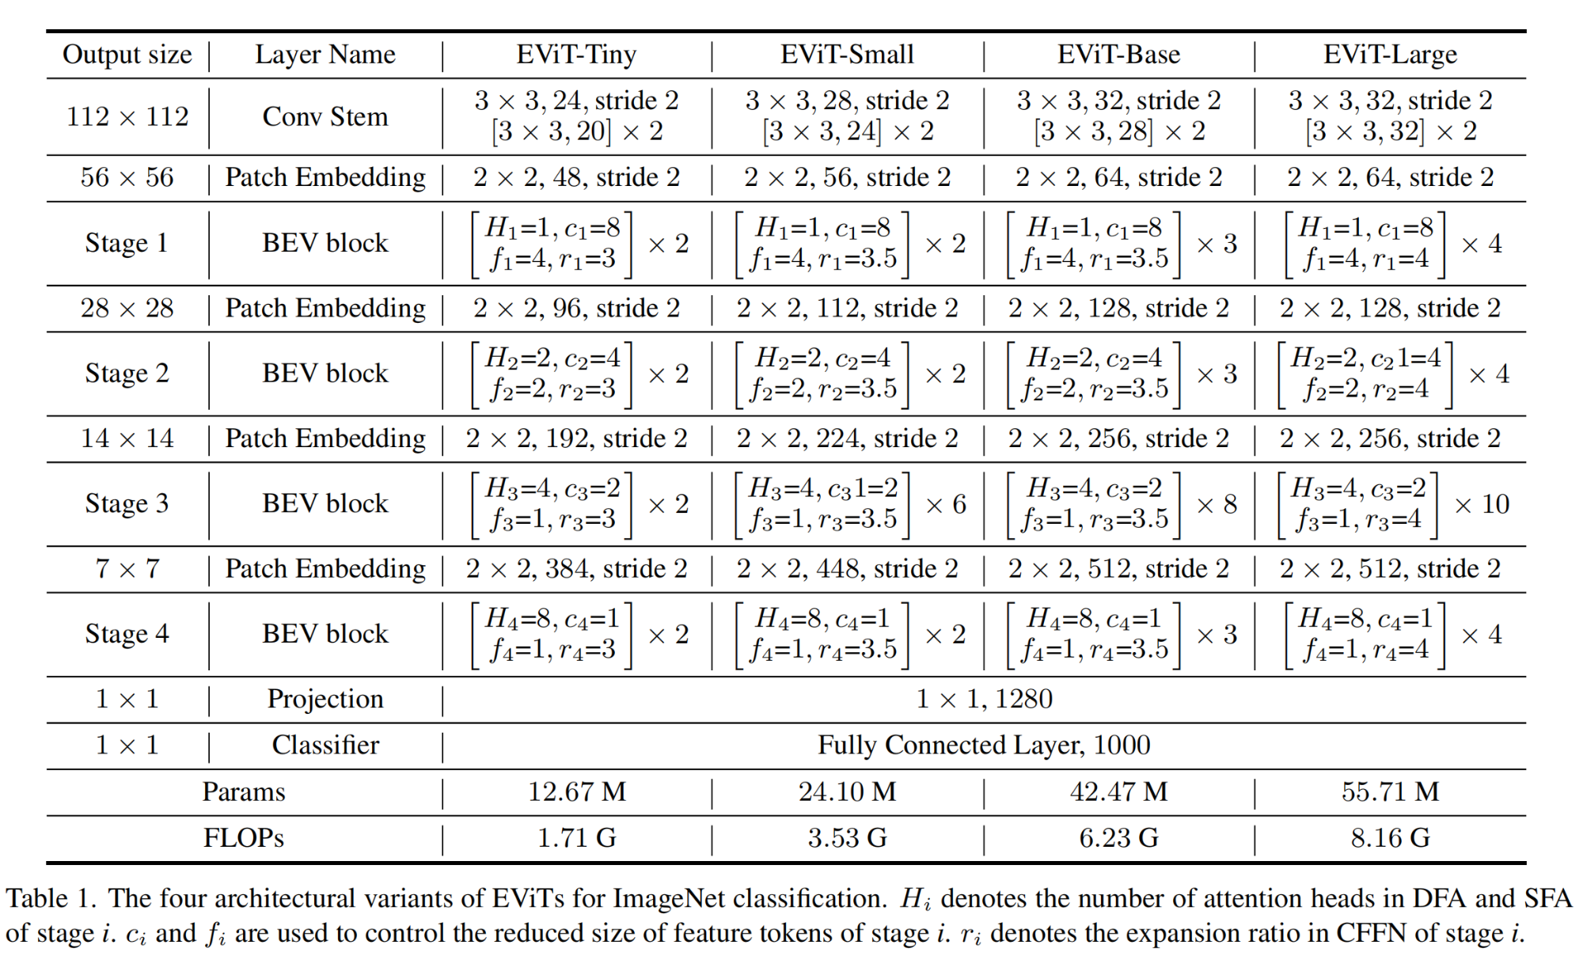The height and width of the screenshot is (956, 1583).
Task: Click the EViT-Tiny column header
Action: (576, 55)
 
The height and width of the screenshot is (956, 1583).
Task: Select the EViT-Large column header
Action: (1390, 55)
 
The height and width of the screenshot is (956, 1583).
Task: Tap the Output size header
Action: (127, 55)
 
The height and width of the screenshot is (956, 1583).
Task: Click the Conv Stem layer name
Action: (325, 117)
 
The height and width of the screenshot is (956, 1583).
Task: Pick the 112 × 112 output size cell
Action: (127, 117)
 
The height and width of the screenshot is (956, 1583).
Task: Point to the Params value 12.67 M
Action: (576, 791)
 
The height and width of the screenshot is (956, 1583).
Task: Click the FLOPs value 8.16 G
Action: (1390, 837)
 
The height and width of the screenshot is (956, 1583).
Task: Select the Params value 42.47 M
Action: (1118, 791)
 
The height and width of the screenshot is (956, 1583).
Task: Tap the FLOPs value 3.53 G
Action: (847, 837)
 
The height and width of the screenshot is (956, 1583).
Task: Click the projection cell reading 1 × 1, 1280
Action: (984, 699)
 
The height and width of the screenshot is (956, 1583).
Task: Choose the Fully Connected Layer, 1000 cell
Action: (984, 745)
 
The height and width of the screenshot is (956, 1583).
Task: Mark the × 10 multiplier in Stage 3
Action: (1482, 504)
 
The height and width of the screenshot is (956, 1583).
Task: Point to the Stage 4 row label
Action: (127, 634)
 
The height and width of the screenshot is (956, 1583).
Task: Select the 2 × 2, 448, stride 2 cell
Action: (847, 569)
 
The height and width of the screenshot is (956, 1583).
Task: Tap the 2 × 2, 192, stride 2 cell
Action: (576, 438)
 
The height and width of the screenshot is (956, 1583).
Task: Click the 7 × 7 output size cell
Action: (127, 569)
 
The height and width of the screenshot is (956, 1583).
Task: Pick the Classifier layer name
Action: (325, 745)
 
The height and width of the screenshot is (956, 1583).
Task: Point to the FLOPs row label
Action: (243, 837)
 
